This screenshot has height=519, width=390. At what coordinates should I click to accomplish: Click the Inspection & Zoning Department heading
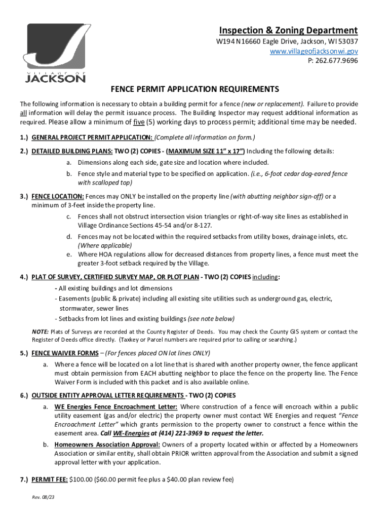[x=288, y=30]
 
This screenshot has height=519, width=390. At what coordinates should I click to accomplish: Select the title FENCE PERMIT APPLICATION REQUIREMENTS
[x=195, y=89]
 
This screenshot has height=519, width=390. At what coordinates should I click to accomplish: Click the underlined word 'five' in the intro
[x=138, y=122]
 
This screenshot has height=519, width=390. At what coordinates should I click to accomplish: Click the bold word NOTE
[x=41, y=332]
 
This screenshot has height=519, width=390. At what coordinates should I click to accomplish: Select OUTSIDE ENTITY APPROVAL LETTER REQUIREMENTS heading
[x=107, y=395]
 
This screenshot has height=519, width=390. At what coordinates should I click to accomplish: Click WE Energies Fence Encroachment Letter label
[x=116, y=406]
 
